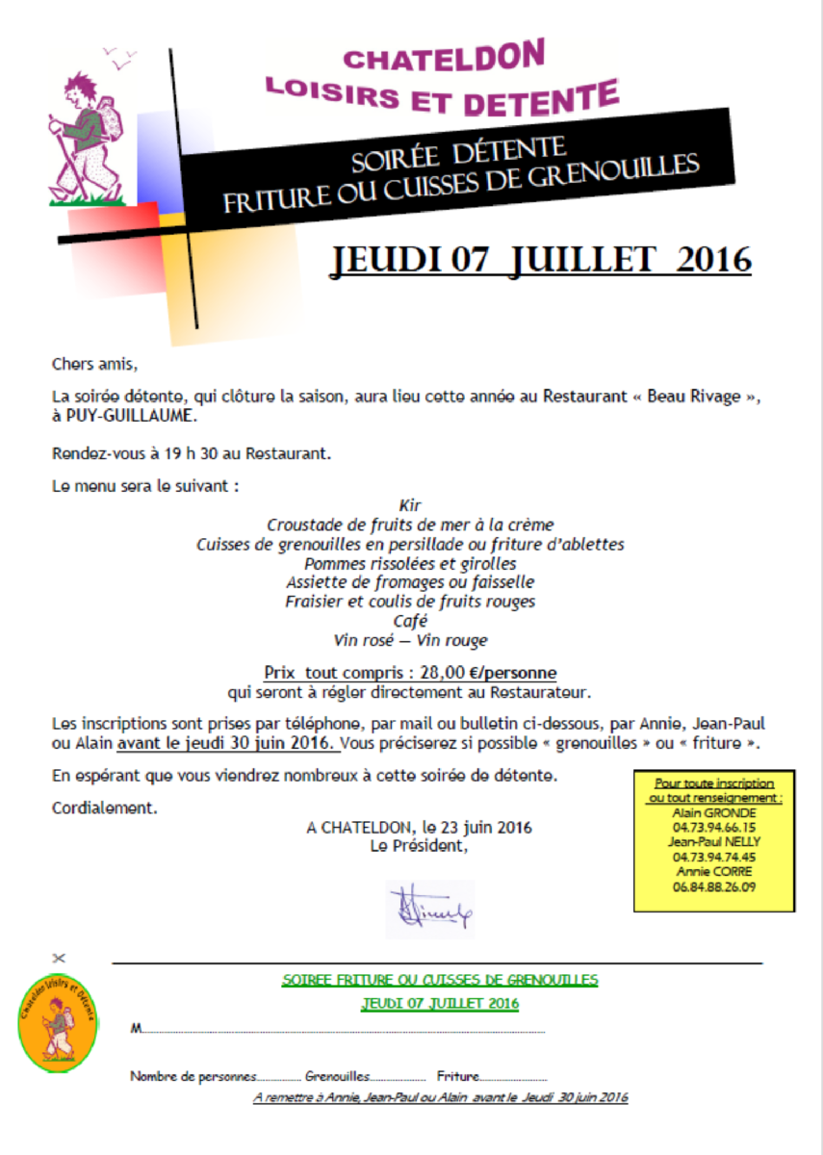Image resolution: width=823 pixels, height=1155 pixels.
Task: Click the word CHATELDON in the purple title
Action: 444,58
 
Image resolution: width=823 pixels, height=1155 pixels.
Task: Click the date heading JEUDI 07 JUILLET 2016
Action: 541,260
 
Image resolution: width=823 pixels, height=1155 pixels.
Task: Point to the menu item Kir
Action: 410,505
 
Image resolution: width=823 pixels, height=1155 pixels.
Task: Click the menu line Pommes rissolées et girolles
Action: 410,563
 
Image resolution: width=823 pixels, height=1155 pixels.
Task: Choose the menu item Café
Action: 410,621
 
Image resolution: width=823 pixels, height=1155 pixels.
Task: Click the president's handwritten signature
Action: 429,907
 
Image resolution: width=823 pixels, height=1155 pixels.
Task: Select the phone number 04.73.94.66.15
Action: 714,827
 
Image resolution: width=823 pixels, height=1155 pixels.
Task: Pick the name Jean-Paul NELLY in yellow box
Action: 714,841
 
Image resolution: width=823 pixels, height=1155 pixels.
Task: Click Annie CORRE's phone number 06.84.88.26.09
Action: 714,886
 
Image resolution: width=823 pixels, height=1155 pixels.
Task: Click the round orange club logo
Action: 58,1022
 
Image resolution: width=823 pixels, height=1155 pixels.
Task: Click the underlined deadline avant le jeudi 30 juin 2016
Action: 227,744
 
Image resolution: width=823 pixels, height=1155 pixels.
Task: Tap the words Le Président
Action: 419,846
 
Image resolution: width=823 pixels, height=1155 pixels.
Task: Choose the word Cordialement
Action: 104,808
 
